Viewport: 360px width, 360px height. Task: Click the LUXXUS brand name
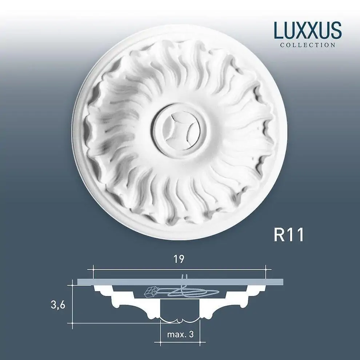pyautogui.click(x=308, y=30)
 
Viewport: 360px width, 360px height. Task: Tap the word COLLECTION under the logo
pyautogui.click(x=308, y=45)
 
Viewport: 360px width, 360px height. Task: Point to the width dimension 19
pyautogui.click(x=179, y=259)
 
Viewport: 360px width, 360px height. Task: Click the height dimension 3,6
pyautogui.click(x=58, y=305)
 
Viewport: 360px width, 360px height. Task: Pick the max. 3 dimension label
pyautogui.click(x=180, y=335)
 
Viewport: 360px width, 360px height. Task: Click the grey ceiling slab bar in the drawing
pyautogui.click(x=180, y=282)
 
